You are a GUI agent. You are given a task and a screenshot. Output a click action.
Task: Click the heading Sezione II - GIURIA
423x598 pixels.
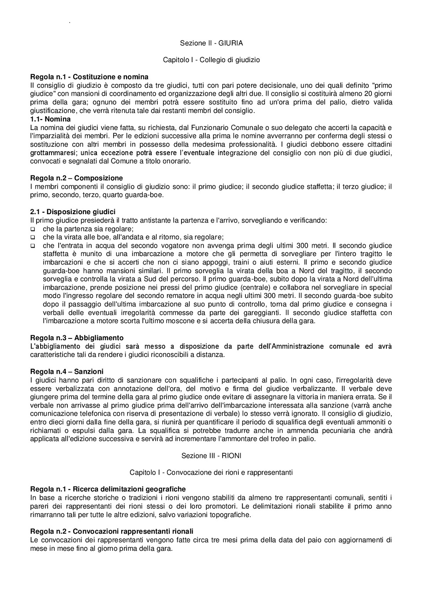pos(211,43)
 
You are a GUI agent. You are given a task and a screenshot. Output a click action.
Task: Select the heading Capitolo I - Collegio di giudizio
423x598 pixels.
pos(211,59)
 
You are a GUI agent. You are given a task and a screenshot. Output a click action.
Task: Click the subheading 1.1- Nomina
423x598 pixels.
pos(50,119)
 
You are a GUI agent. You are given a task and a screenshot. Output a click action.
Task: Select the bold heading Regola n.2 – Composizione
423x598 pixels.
pos(76,178)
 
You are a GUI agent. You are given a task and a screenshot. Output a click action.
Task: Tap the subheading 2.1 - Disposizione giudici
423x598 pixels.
pos(73,212)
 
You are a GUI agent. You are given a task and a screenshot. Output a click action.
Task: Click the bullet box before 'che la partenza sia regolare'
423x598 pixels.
pos(33,229)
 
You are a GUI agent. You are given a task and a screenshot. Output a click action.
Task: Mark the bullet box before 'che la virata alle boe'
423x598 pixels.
pos(33,238)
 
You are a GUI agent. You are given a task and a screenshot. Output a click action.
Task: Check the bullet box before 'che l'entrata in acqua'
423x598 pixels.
pos(33,246)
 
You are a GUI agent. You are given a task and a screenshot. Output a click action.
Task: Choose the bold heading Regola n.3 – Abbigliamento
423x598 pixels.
pos(77,338)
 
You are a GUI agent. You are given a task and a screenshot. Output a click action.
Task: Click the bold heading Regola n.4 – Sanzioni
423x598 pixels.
pos(67,371)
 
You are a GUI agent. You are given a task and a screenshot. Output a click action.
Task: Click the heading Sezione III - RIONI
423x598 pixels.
pos(211,456)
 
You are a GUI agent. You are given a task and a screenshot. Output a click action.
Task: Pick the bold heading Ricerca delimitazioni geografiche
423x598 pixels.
pos(129,489)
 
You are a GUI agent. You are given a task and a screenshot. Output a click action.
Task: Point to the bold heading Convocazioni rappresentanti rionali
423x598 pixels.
pos(133,531)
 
